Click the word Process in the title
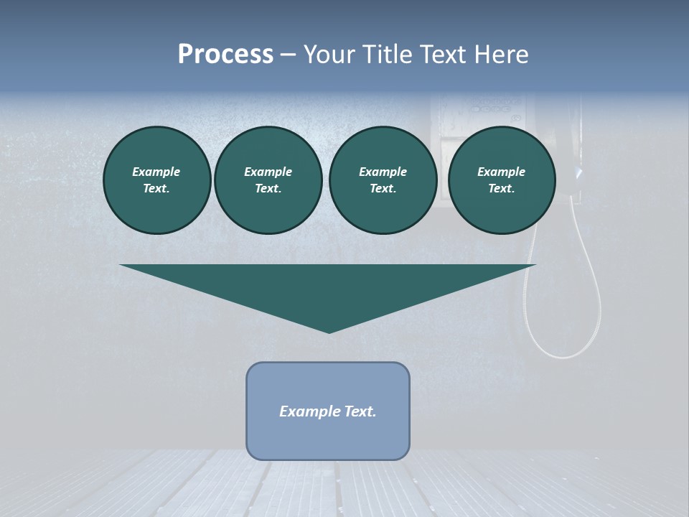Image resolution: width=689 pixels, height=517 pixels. tap(225, 55)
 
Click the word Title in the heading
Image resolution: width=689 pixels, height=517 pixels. tap(388, 55)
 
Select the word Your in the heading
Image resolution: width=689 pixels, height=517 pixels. tap(330, 55)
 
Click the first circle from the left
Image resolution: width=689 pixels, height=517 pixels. tap(157, 180)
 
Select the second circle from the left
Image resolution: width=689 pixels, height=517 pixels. tap(268, 180)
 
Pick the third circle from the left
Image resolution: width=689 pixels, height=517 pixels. tap(383, 180)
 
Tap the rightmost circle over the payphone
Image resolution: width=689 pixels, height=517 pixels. tap(502, 180)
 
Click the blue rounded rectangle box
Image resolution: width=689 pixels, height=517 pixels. tap(328, 411)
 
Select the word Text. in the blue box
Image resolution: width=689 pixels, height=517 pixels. tap(360, 411)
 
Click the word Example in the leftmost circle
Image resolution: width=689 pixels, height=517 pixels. tap(156, 172)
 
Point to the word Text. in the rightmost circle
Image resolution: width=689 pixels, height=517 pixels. tap(501, 188)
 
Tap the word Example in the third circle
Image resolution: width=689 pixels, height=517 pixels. tap(383, 172)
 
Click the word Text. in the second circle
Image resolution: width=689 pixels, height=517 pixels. tap(268, 188)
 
